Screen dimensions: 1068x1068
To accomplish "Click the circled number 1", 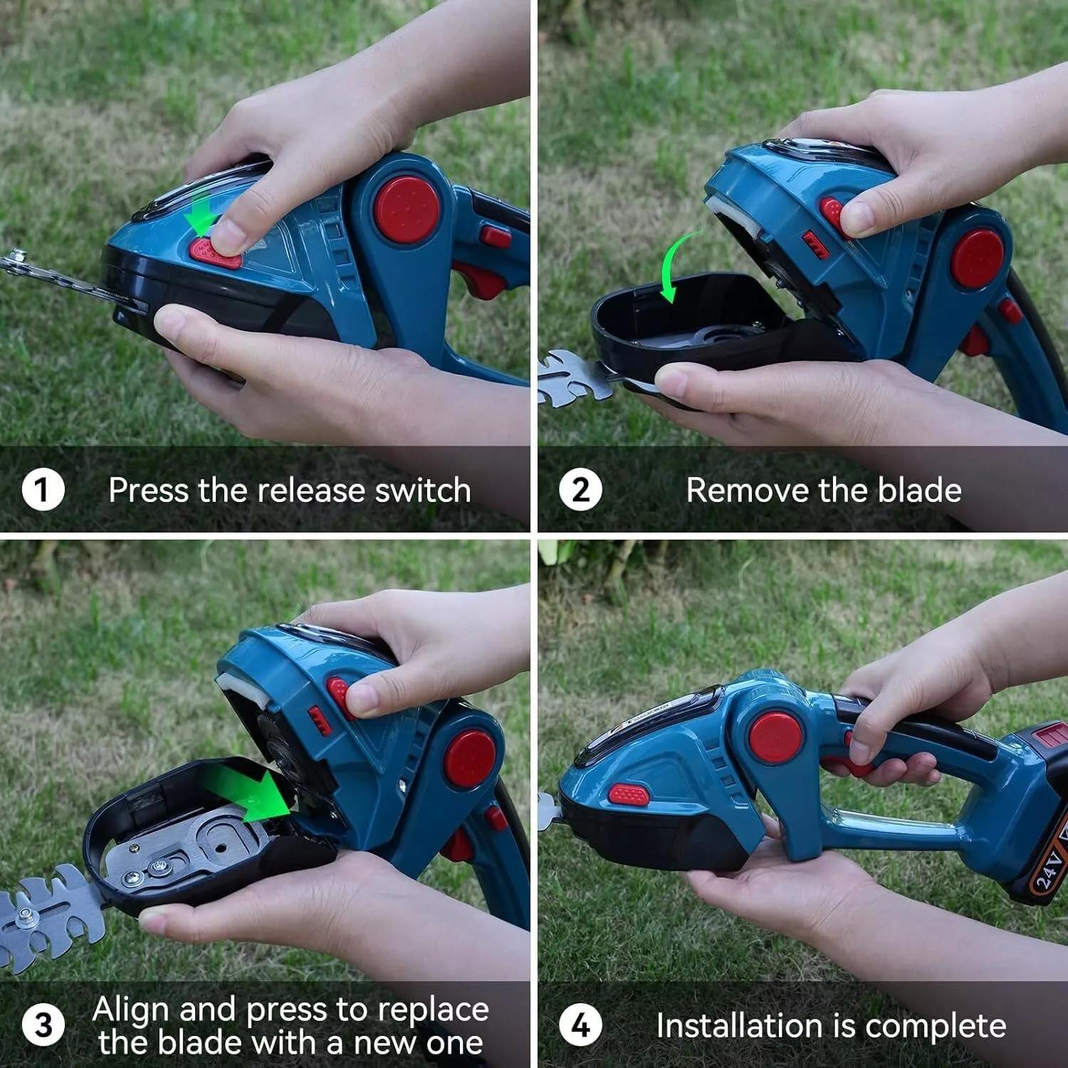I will point(43,490).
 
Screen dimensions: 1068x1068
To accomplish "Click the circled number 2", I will point(580,490).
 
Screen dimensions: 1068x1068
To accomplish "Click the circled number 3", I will point(43,1025).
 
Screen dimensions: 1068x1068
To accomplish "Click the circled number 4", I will point(580,1025).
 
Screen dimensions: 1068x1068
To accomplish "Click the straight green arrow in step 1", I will point(201,211).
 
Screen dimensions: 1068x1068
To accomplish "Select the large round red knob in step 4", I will point(775,736).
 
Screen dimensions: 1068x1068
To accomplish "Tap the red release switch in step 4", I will point(629,795).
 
